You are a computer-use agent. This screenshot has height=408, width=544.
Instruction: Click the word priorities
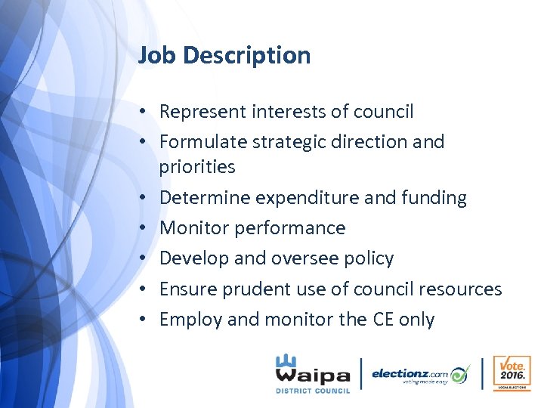(x=197, y=167)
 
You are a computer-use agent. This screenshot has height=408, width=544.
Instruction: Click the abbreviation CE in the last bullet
(x=383, y=320)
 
